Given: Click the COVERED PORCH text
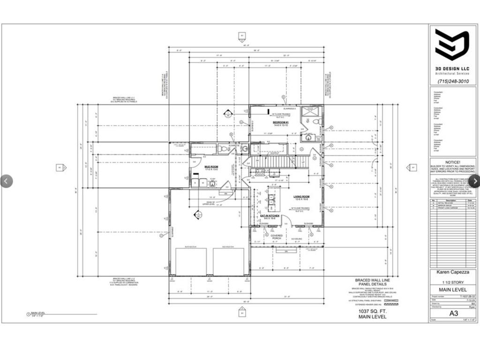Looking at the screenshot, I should [x=277, y=237].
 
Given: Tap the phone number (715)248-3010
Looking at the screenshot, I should [x=452, y=81].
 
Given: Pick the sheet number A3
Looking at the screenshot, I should [x=453, y=313].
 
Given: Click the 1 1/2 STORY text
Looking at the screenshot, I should [x=452, y=282].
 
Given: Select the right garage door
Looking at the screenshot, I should [x=229, y=261].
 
